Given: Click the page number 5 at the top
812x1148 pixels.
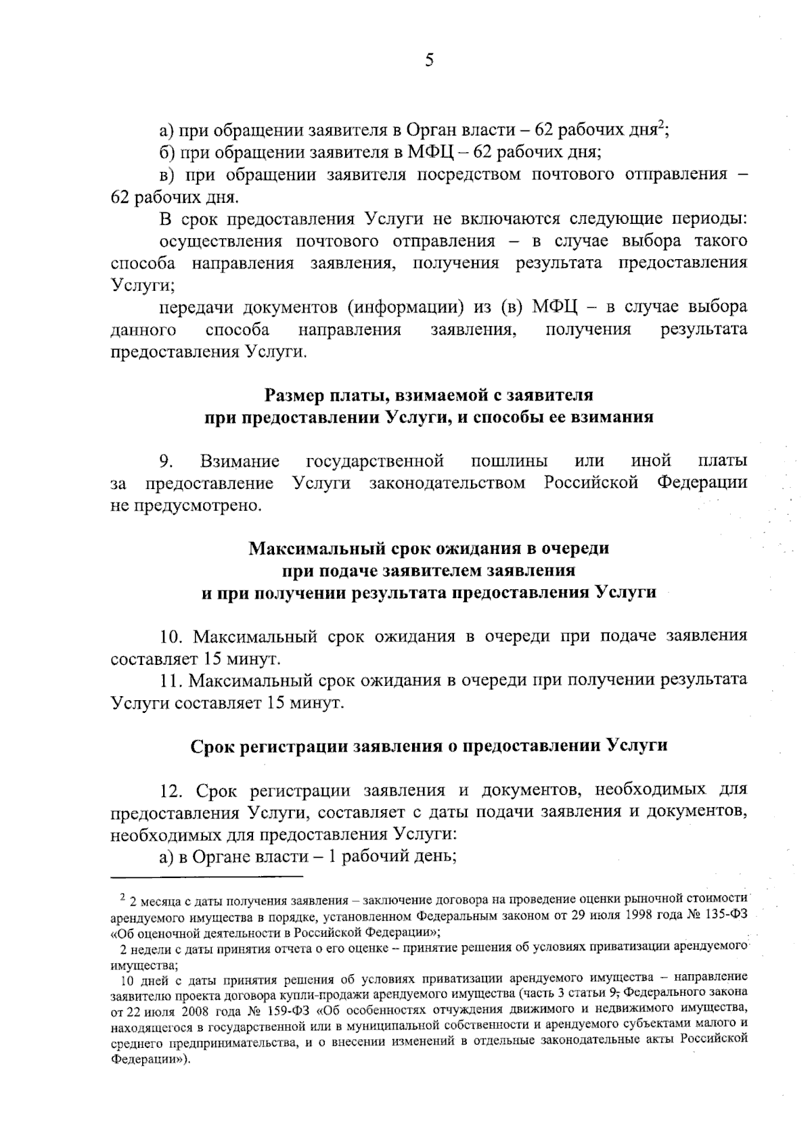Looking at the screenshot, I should [x=428, y=60].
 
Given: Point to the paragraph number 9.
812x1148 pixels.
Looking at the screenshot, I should [x=166, y=461].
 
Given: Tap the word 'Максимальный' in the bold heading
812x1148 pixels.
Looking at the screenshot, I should [x=303, y=548].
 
